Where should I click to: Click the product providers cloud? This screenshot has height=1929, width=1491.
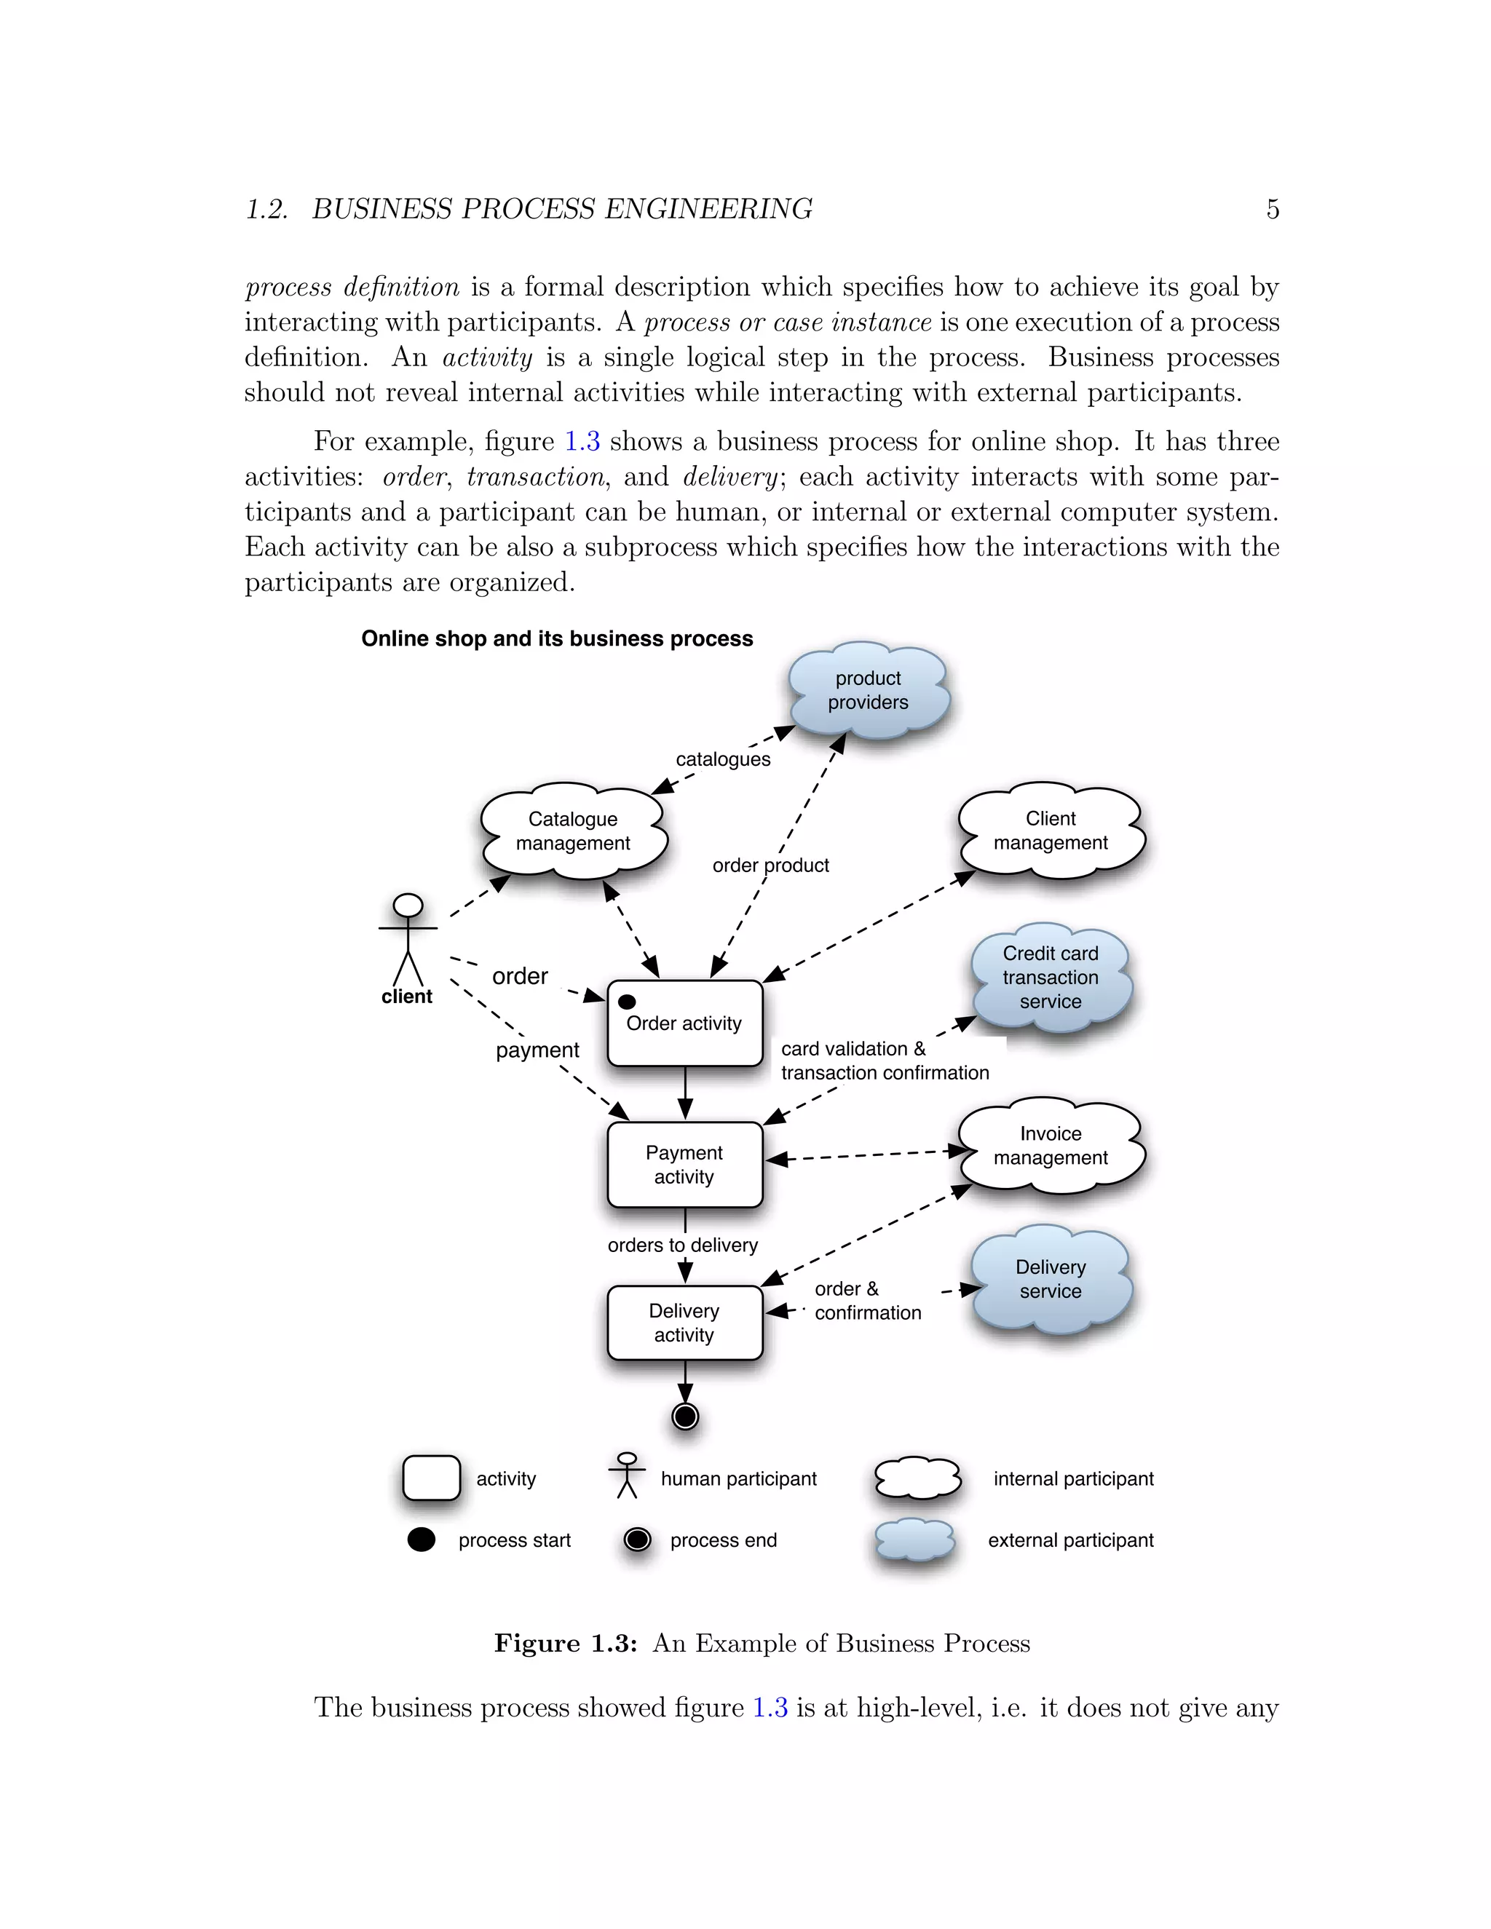pyautogui.click(x=869, y=691)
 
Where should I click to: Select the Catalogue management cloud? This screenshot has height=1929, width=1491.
pyautogui.click(x=573, y=831)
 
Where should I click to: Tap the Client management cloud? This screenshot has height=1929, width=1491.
pyautogui.click(x=1051, y=831)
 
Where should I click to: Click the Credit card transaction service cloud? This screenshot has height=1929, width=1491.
pyautogui.click(x=1051, y=977)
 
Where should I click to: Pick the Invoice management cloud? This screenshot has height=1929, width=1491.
pyautogui.click(x=1051, y=1146)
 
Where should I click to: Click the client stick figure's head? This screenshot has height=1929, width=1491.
pyautogui.click(x=408, y=906)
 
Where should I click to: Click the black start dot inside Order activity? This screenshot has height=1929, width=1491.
pyautogui.click(x=627, y=1002)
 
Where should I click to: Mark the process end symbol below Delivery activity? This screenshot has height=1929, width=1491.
pyautogui.click(x=685, y=1417)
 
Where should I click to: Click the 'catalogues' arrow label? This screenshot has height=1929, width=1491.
pyautogui.click(x=722, y=758)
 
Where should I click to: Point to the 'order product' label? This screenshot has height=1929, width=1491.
pyautogui.click(x=770, y=866)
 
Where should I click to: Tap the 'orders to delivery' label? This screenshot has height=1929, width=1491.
pyautogui.click(x=683, y=1245)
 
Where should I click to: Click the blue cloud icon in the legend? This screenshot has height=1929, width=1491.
pyautogui.click(x=915, y=1540)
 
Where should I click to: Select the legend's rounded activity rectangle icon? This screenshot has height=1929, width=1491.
pyautogui.click(x=431, y=1478)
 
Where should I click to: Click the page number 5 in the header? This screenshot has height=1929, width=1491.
pyautogui.click(x=1272, y=210)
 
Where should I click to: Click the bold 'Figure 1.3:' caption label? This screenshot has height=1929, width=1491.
pyautogui.click(x=565, y=1644)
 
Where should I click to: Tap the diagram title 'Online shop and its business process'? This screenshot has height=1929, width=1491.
pyautogui.click(x=556, y=638)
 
